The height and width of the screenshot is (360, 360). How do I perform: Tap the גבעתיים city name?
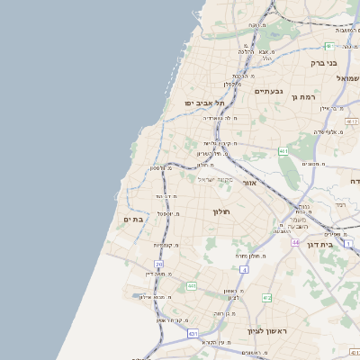(269, 91)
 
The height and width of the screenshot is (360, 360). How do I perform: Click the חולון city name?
(221, 211)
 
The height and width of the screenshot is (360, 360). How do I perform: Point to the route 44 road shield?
(295, 242)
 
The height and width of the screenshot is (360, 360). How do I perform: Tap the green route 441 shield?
(192, 286)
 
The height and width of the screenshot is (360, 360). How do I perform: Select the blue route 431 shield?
(193, 333)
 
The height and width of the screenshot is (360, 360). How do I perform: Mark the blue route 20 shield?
(159, 264)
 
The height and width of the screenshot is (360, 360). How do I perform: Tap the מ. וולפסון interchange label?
(161, 168)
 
